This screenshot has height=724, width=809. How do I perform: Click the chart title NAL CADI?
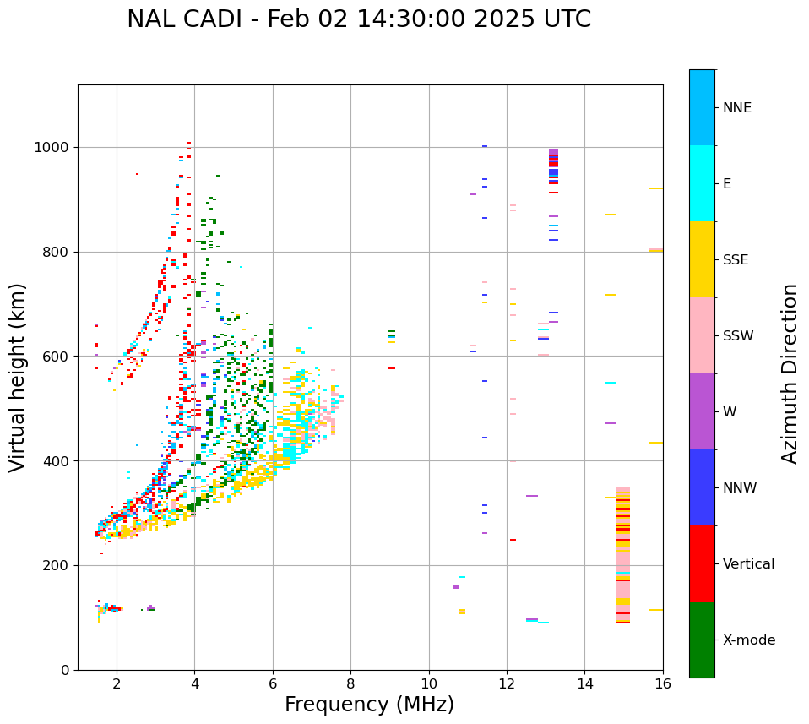[x=359, y=19]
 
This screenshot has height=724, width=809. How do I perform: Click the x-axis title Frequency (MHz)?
[x=369, y=705]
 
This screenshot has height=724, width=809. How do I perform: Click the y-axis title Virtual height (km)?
[x=18, y=377]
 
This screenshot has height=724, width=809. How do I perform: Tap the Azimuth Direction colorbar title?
[x=790, y=373]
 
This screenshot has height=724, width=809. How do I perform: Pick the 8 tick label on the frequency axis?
[x=350, y=683]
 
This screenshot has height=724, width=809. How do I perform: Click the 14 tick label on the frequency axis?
[x=584, y=683]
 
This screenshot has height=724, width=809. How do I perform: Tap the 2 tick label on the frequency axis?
[x=117, y=683]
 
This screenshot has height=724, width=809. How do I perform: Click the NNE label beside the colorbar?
[x=736, y=108]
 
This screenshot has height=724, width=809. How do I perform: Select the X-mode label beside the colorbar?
[x=748, y=640]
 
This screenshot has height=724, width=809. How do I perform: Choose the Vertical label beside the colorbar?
[x=748, y=564]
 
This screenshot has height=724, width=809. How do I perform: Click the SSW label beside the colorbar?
[x=738, y=336]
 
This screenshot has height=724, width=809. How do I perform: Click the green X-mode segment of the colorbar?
[x=702, y=640]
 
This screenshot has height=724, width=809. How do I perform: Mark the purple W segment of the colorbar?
[x=702, y=411]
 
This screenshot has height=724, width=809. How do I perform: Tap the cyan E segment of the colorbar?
[x=702, y=183]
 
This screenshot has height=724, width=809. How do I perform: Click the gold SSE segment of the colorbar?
[x=702, y=259]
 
